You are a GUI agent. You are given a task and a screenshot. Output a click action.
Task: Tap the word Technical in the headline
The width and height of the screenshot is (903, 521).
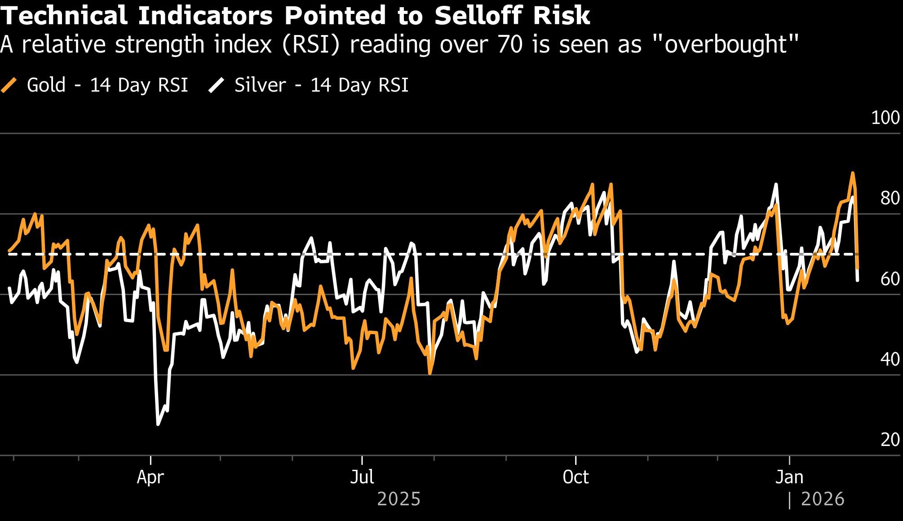64,16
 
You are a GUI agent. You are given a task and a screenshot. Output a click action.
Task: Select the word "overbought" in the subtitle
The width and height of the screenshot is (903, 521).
725,44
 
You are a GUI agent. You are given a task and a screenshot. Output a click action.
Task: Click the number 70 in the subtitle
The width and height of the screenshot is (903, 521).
510,44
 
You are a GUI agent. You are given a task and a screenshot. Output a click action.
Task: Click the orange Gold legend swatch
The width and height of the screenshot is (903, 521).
9,85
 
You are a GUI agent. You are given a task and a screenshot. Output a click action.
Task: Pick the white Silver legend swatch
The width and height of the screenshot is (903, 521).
216,85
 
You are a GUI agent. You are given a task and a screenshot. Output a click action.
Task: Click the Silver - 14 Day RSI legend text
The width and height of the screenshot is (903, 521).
321,85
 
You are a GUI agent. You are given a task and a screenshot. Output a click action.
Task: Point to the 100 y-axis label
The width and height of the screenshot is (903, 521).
885,118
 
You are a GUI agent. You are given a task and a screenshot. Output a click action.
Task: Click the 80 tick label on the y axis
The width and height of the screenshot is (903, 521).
890,198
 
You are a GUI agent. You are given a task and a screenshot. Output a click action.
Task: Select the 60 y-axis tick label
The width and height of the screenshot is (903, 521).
890,279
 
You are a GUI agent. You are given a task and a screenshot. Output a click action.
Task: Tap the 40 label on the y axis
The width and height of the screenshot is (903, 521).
890,359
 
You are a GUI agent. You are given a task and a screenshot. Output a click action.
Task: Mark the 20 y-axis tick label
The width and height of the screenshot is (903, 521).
890,440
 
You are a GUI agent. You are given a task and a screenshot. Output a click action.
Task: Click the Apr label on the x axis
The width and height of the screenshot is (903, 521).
150,477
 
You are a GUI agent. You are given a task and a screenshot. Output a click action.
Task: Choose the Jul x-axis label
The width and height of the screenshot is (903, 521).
362,477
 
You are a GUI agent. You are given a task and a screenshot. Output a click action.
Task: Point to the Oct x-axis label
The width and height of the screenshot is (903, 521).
575,477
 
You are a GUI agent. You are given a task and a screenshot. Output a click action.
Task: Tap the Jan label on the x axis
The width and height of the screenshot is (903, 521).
789,477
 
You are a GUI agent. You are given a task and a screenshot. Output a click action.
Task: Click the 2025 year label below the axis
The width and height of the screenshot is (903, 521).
398,499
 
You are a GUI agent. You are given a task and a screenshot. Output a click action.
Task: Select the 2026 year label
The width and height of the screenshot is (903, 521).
823,499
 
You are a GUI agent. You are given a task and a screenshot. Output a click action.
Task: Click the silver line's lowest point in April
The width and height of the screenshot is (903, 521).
158,424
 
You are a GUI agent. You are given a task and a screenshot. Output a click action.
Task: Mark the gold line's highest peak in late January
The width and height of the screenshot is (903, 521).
852,173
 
